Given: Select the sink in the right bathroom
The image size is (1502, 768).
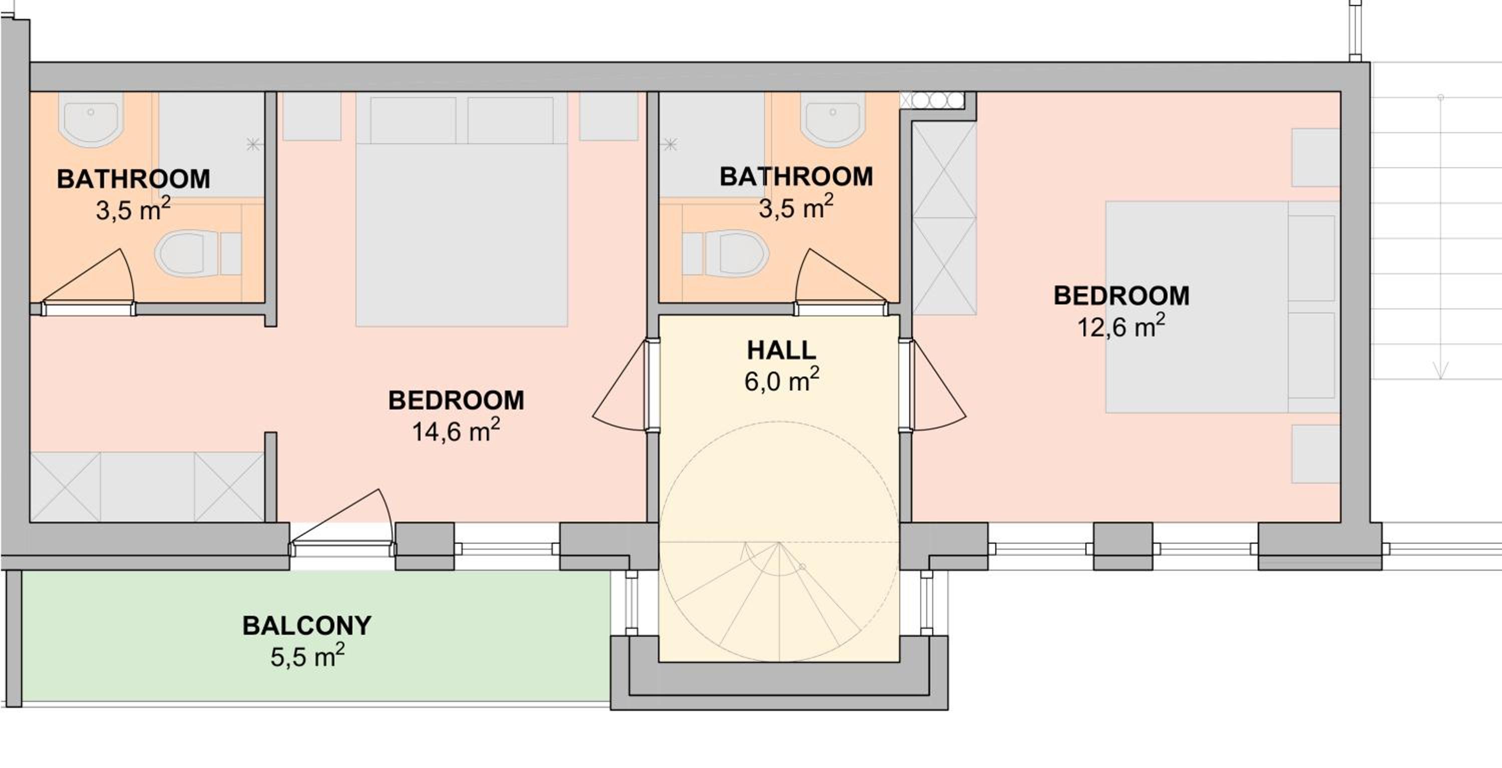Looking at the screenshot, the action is (x=832, y=119).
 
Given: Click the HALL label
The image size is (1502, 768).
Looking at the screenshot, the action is (x=782, y=350).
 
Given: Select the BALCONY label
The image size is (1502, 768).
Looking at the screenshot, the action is (x=307, y=626).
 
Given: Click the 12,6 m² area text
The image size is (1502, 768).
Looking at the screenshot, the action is (x=1120, y=325).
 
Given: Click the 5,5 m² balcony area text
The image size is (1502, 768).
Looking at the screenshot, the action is (x=307, y=655).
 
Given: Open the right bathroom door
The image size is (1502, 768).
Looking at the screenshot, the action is (x=842, y=282).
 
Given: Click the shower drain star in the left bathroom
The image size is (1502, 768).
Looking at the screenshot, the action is (x=253, y=144).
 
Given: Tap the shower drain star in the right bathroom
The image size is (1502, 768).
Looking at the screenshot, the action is (x=670, y=144).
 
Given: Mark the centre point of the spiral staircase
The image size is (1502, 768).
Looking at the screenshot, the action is (x=779, y=542).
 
